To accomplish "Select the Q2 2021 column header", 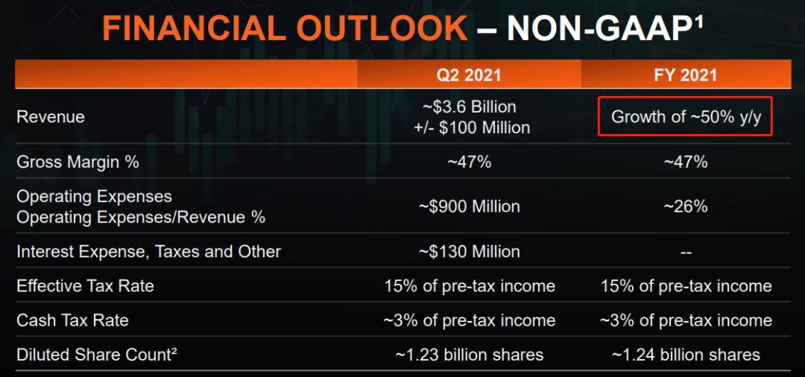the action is coord(469,75).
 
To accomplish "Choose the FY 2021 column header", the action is coord(686,75).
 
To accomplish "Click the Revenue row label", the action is coord(51,117).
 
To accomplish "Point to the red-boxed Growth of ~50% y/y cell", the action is coord(686,117).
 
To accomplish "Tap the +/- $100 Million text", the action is coord(472,127).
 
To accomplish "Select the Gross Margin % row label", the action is coord(78,162).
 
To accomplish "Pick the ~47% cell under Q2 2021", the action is coord(470,162).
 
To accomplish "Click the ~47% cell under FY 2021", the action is coord(686,162).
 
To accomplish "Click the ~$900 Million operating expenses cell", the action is coord(470,206).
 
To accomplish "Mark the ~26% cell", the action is coord(686,206).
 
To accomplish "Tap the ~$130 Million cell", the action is coord(470,252).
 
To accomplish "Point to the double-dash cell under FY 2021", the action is coord(686,253).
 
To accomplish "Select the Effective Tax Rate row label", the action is coord(85,285).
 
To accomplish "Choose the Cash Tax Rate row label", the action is coord(72,320).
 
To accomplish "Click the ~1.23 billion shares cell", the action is coord(470,355).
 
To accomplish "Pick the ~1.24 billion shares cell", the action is coord(686,355).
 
